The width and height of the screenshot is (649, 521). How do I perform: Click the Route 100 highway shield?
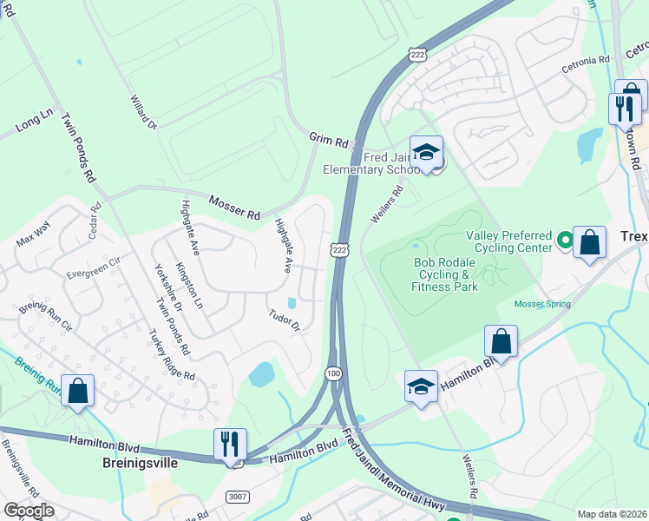[333, 373]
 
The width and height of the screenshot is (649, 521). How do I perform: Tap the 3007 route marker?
[238, 496]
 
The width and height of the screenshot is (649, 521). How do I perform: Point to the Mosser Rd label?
[234, 207]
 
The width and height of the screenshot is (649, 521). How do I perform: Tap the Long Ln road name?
[35, 122]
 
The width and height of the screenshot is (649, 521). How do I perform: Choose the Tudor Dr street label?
[284, 320]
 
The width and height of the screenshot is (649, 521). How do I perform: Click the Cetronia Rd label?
[586, 61]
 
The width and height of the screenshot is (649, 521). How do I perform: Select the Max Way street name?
[33, 234]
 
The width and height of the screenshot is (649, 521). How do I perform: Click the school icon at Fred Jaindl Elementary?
[426, 153]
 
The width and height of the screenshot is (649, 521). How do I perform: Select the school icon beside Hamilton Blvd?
[421, 386]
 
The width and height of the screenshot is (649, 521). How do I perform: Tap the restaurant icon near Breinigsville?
[230, 444]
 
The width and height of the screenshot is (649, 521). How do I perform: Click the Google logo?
[29, 511]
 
